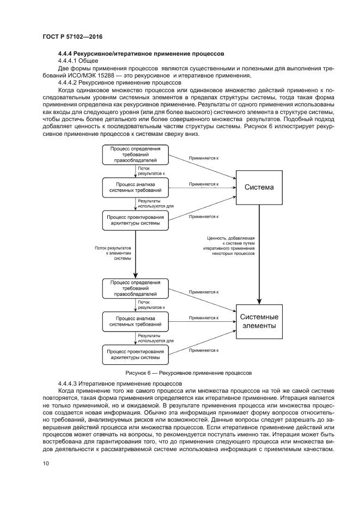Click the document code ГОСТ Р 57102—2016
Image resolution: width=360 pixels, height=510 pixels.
coord(72,37)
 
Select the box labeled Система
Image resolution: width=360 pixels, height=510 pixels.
coord(259,188)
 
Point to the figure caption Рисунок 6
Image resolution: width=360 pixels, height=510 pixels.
coord(188,373)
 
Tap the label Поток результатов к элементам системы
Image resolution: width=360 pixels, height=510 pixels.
coord(113,253)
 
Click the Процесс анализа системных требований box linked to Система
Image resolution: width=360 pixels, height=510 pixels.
coord(135,187)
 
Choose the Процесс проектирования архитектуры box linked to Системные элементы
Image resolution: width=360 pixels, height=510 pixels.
coord(135,355)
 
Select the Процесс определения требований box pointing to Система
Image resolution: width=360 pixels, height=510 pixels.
coord(135,154)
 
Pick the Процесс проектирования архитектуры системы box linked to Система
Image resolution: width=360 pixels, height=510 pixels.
coord(135,220)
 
